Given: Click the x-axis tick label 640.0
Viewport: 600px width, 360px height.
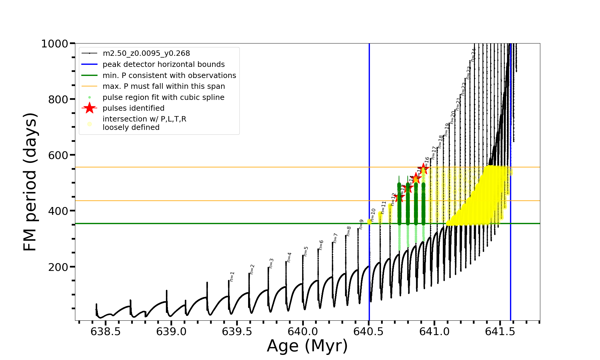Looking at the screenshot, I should pyautogui.click(x=303, y=331).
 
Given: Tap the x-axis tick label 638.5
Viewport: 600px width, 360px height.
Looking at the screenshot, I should pyautogui.click(x=106, y=331).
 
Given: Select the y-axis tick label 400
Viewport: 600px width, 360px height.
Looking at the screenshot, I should pyautogui.click(x=58, y=211).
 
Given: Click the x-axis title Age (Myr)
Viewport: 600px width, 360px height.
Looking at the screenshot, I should pyautogui.click(x=307, y=346).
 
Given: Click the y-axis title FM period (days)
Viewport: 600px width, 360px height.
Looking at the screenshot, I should pyautogui.click(x=30, y=182).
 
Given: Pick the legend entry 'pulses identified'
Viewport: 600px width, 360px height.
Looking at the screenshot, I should pyautogui.click(x=133, y=108).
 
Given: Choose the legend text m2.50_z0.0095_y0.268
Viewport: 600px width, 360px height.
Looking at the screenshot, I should pyautogui.click(x=146, y=53).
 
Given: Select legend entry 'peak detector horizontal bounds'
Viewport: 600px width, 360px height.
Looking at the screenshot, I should pyautogui.click(x=163, y=64).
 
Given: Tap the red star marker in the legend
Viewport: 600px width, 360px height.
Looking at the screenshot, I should pyautogui.click(x=89, y=108).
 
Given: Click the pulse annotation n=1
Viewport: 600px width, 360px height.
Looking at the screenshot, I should pyautogui.click(x=232, y=276).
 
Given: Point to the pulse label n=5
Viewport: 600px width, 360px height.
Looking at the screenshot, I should pyautogui.click(x=306, y=251).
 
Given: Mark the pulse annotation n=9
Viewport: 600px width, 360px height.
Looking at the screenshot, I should pyautogui.click(x=361, y=224).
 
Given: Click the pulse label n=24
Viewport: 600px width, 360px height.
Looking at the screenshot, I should pyautogui.click(x=473, y=55).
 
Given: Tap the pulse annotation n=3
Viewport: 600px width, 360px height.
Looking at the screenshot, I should pyautogui.click(x=271, y=263).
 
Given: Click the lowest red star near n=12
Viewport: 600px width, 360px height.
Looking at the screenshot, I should pyautogui.click(x=399, y=197).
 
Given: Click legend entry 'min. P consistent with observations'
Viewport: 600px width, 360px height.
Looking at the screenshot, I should pyautogui.click(x=169, y=75).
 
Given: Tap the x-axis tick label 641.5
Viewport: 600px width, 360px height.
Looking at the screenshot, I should pyautogui.click(x=500, y=331).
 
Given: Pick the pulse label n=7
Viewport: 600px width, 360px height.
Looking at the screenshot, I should pyautogui.click(x=335, y=238).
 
